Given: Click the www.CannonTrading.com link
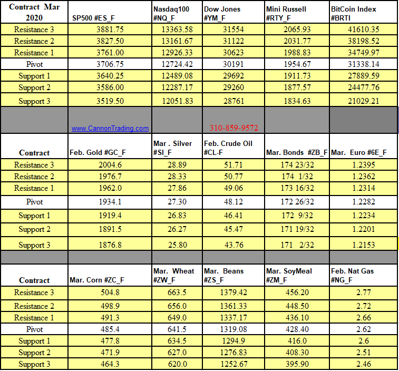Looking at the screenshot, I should pyautogui.click(x=110, y=128).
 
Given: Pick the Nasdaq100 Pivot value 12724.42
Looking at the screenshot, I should pyautogui.click(x=177, y=64).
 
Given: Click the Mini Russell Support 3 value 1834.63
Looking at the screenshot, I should pyautogui.click(x=297, y=101).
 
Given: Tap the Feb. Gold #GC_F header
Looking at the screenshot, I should pyautogui.click(x=98, y=153).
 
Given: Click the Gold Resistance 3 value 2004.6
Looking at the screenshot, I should pyautogui.click(x=110, y=165).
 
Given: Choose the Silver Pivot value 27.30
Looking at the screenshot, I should pyautogui.click(x=177, y=202).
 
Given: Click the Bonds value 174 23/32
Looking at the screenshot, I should pyautogui.click(x=297, y=165).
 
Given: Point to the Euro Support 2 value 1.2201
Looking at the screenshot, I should pyautogui.click(x=364, y=229).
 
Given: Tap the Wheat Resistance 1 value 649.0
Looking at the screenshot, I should pyautogui.click(x=177, y=318).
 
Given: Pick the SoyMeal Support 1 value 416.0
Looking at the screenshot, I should pyautogui.click(x=297, y=341).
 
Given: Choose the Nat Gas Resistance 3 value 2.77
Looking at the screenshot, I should pyautogui.click(x=364, y=292).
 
